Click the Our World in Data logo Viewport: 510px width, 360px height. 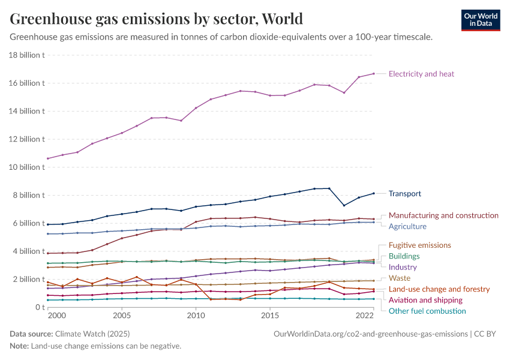(480, 20)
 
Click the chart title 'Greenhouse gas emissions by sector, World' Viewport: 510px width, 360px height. (156, 19)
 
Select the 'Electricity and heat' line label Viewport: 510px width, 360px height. (421, 74)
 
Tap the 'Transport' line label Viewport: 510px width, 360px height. (404, 194)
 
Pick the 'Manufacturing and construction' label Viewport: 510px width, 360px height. (443, 215)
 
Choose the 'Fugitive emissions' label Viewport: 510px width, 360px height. (419, 245)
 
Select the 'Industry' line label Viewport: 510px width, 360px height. (403, 267)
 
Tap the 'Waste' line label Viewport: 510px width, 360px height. (400, 278)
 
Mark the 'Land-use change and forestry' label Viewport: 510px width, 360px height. (439, 289)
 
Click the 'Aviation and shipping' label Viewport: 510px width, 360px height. (425, 300)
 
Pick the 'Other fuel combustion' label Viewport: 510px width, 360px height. (427, 311)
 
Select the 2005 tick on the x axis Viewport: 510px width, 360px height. (122, 315)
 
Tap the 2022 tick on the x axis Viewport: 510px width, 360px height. (365, 315)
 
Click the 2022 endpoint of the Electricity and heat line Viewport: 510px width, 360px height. (374, 74)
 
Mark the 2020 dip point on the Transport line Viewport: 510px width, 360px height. (344, 205)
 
